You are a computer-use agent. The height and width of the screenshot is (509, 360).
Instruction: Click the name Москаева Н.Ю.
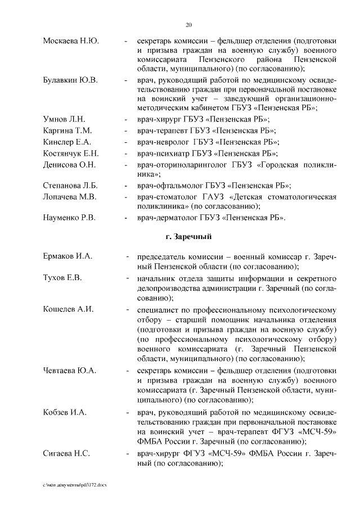(x=71, y=41)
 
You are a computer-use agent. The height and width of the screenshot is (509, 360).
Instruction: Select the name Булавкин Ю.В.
(x=70, y=79)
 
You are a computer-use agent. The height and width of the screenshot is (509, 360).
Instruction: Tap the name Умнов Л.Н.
(x=64, y=119)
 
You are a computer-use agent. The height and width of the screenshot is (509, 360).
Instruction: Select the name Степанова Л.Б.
(x=70, y=185)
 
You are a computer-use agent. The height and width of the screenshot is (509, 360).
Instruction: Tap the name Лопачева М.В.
(x=70, y=196)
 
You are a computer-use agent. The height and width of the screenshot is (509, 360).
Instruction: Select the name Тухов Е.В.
(x=62, y=278)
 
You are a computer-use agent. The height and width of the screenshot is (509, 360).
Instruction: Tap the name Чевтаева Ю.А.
(x=70, y=371)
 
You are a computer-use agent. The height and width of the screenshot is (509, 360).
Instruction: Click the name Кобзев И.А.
(x=65, y=412)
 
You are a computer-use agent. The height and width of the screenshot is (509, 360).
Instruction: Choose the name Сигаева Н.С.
(x=66, y=453)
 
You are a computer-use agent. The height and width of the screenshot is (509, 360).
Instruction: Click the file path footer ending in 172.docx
(x=74, y=485)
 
